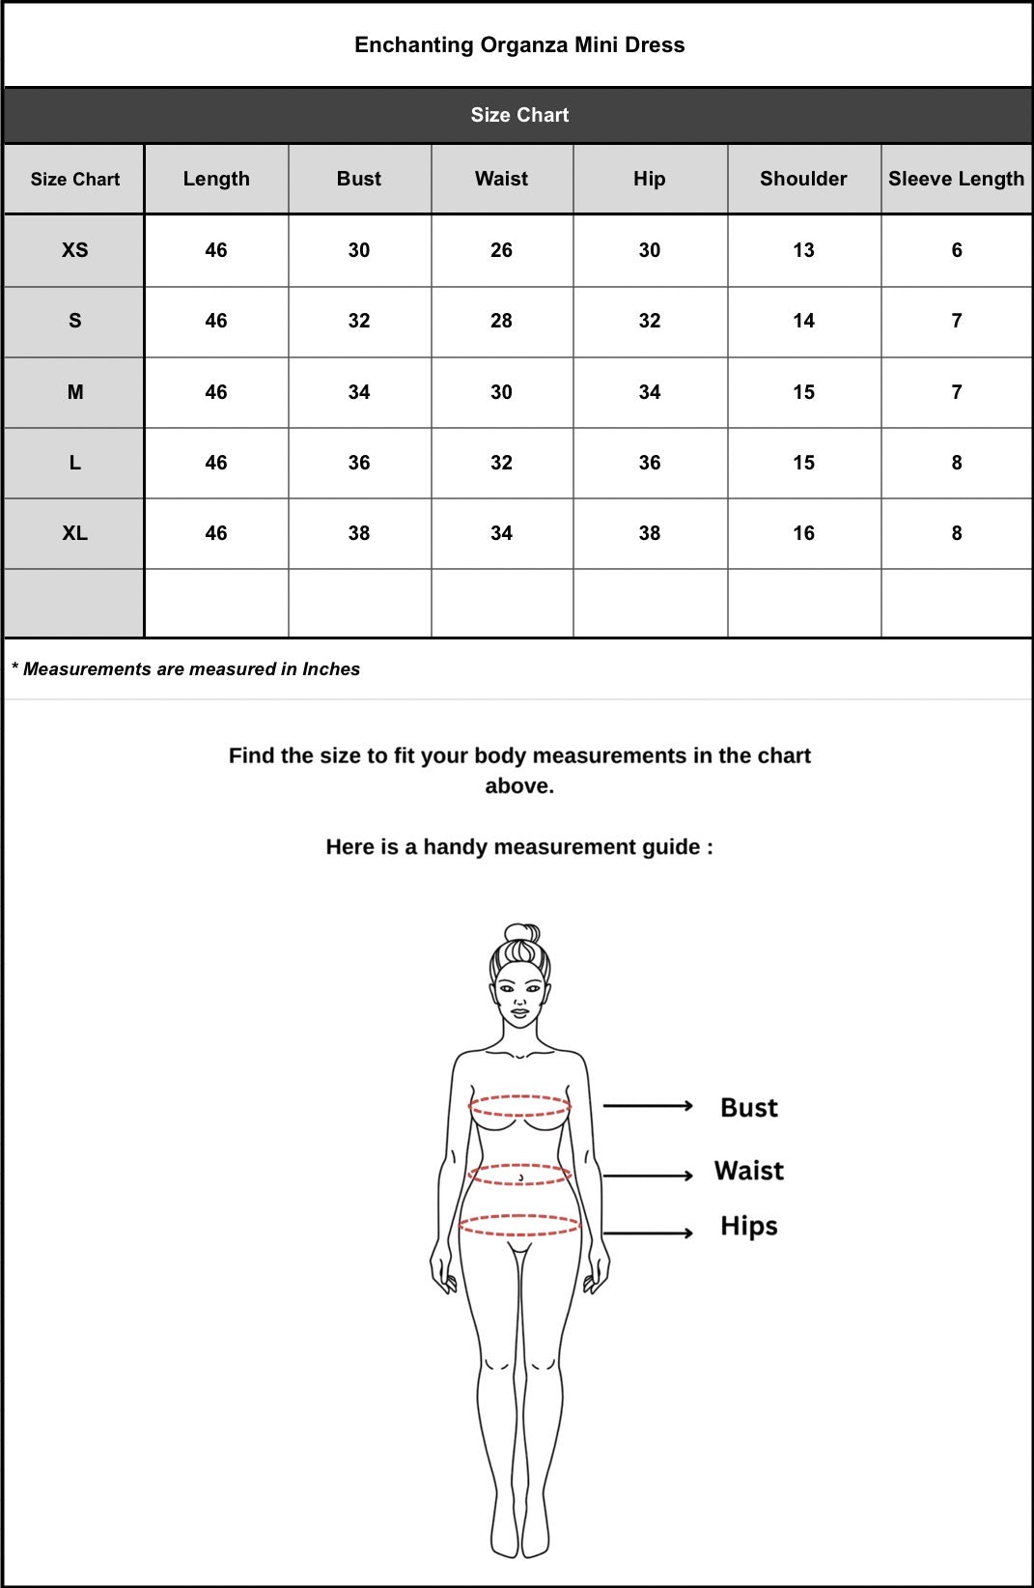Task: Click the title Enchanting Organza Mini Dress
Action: [x=519, y=45]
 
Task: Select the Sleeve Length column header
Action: [x=956, y=179]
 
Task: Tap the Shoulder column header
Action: [x=803, y=179]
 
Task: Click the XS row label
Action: [x=74, y=250]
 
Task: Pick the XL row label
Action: [x=74, y=533]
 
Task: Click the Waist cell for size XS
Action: [x=501, y=250]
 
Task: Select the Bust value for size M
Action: [x=359, y=392]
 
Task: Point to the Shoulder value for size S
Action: [x=803, y=321]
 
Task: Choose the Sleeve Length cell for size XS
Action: [x=956, y=250]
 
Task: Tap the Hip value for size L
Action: [x=650, y=463]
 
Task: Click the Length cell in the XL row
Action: [x=216, y=533]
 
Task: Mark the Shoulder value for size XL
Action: [x=803, y=533]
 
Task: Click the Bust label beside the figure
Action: [x=748, y=1107]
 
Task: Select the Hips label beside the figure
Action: [x=748, y=1226]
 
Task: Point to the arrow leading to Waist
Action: [x=648, y=1176]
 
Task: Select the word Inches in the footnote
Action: [x=331, y=669]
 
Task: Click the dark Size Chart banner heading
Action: [x=519, y=115]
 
